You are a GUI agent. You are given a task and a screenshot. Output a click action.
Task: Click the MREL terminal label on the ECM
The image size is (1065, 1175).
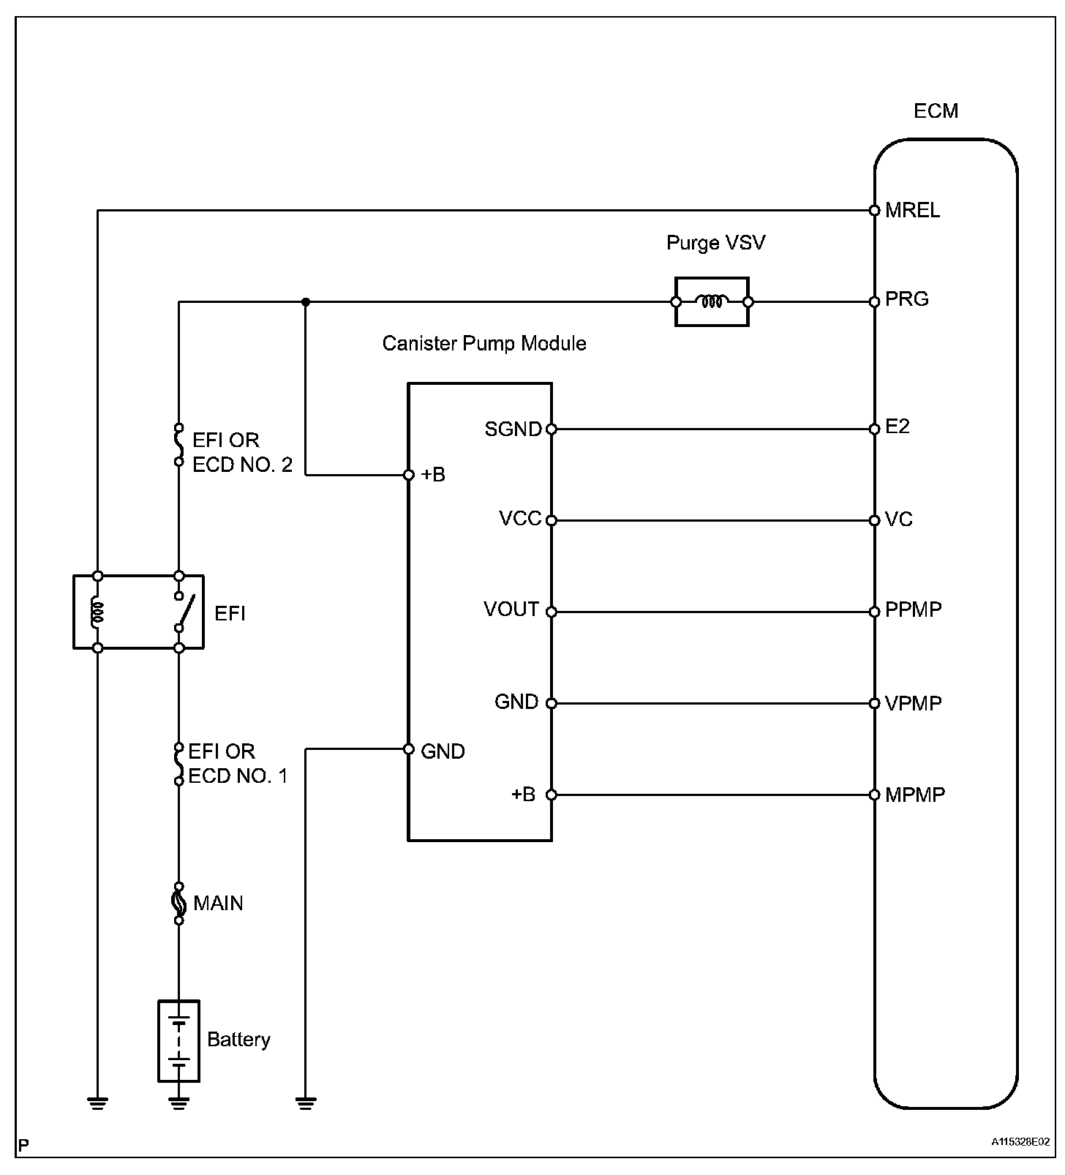(x=912, y=211)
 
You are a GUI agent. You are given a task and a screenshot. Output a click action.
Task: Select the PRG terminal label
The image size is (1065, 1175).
(x=906, y=299)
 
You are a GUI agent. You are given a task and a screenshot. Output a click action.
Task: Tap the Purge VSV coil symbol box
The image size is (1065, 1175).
(x=712, y=301)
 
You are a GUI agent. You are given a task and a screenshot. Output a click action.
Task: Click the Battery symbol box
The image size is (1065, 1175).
(x=178, y=1040)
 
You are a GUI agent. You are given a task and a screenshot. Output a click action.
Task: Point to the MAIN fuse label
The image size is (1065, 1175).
(x=218, y=904)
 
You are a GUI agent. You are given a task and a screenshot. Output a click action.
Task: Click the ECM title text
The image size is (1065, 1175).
(x=936, y=111)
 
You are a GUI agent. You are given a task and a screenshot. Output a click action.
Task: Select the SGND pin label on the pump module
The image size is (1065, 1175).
(x=513, y=429)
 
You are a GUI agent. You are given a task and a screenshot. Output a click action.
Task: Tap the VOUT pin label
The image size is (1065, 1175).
(x=511, y=609)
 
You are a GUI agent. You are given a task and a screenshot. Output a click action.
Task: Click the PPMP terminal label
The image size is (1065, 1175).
(x=913, y=610)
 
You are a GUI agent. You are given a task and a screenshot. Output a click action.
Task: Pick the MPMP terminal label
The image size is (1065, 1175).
(x=914, y=795)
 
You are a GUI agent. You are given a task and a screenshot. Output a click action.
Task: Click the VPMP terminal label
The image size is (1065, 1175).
(x=913, y=703)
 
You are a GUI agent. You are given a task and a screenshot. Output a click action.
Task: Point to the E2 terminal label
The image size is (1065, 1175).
(x=897, y=427)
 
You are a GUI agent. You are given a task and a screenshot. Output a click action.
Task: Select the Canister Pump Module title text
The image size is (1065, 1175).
(x=484, y=344)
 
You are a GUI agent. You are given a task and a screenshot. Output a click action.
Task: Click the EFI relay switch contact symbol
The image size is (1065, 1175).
(x=183, y=612)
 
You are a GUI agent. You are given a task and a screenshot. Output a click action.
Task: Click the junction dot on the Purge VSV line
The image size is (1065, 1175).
(x=306, y=301)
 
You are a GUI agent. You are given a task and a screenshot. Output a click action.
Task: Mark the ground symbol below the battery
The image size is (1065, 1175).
(x=178, y=1102)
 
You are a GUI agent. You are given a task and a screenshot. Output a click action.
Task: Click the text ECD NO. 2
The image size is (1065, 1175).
(x=242, y=465)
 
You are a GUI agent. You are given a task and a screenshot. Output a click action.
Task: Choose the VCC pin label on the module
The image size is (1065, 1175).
(x=520, y=519)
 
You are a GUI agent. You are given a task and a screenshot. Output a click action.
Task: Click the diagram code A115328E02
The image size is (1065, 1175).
(x=1020, y=1141)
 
